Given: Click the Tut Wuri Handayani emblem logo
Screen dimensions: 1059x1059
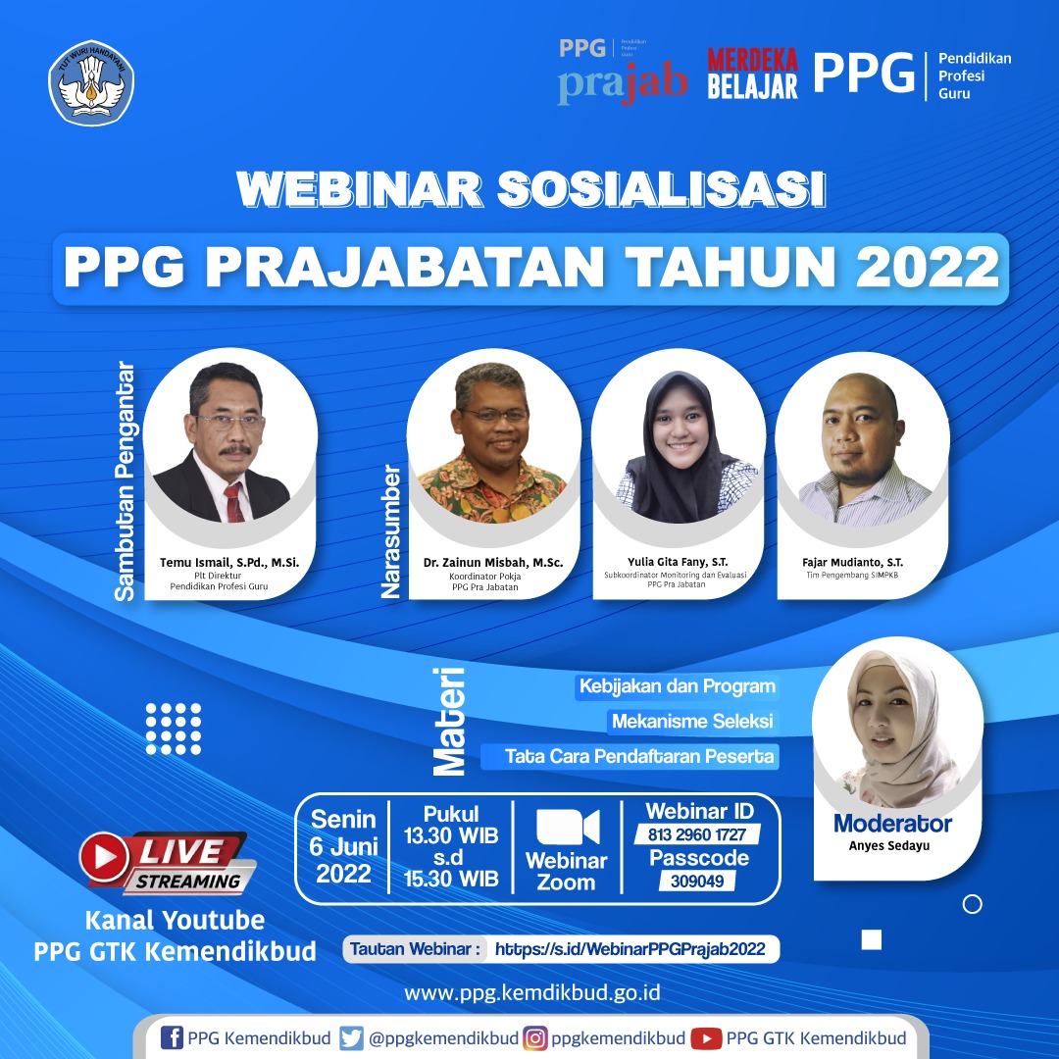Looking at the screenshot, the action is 91,83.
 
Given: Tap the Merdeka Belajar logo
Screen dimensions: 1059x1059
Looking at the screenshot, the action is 752,74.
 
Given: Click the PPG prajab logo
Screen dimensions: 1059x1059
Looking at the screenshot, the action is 622,72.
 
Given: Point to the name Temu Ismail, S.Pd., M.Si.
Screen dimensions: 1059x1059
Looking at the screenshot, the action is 228,562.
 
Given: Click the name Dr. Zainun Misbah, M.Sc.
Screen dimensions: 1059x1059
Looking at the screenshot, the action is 493,562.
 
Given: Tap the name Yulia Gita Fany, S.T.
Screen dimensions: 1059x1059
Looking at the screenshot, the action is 678,561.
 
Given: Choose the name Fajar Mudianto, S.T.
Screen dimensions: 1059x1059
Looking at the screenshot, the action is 852,562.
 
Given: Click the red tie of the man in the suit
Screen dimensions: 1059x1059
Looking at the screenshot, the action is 233,502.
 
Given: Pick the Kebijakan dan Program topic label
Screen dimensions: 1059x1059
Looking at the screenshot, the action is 677,686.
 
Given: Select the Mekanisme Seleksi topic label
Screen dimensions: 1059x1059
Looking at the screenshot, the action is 692,722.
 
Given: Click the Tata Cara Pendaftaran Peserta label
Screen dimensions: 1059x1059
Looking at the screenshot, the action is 630,756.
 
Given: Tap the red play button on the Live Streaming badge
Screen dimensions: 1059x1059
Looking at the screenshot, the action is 105,856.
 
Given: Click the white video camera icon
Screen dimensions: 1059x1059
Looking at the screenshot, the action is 568,828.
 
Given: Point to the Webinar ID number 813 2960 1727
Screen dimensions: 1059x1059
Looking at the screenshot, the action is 697,834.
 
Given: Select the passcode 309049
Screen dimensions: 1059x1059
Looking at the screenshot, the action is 697,882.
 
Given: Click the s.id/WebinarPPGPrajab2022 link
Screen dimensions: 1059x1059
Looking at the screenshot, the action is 630,949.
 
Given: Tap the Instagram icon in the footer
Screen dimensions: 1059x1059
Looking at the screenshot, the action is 535,1037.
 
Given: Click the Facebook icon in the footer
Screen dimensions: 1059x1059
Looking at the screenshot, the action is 172,1037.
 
